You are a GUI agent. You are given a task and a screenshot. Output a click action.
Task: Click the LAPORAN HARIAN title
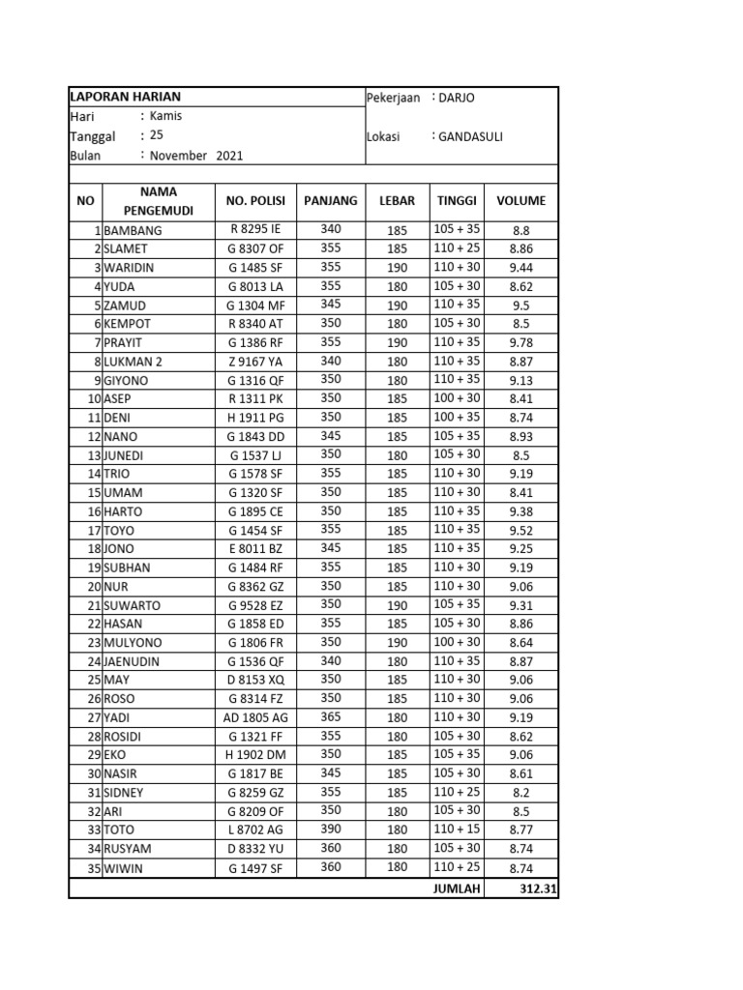[x=125, y=97]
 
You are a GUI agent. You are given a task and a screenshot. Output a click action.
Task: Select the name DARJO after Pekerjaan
[x=458, y=98]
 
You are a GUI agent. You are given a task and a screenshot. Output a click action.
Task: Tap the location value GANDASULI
[x=470, y=136]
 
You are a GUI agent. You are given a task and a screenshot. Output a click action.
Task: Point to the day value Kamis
[x=165, y=116]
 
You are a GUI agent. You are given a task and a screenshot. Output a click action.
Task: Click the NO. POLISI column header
[x=256, y=201]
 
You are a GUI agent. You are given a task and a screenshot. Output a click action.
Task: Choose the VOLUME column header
[x=520, y=201]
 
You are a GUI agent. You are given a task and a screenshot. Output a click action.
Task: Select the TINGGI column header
[x=457, y=201]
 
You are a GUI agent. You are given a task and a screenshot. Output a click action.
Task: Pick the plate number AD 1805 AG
[x=255, y=717]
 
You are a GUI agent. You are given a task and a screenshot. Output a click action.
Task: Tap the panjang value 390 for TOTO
[x=331, y=829]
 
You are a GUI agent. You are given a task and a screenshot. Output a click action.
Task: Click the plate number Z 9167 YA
[x=255, y=362]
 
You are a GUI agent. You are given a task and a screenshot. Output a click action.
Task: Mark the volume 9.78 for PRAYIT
[x=520, y=343]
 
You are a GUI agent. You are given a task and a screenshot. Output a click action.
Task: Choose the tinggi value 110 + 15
[x=457, y=829]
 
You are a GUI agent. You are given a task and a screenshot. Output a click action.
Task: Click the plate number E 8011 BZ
[x=255, y=548]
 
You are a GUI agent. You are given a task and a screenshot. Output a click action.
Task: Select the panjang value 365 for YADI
[x=331, y=716]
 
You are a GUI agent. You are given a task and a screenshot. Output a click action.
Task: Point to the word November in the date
[x=180, y=155]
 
